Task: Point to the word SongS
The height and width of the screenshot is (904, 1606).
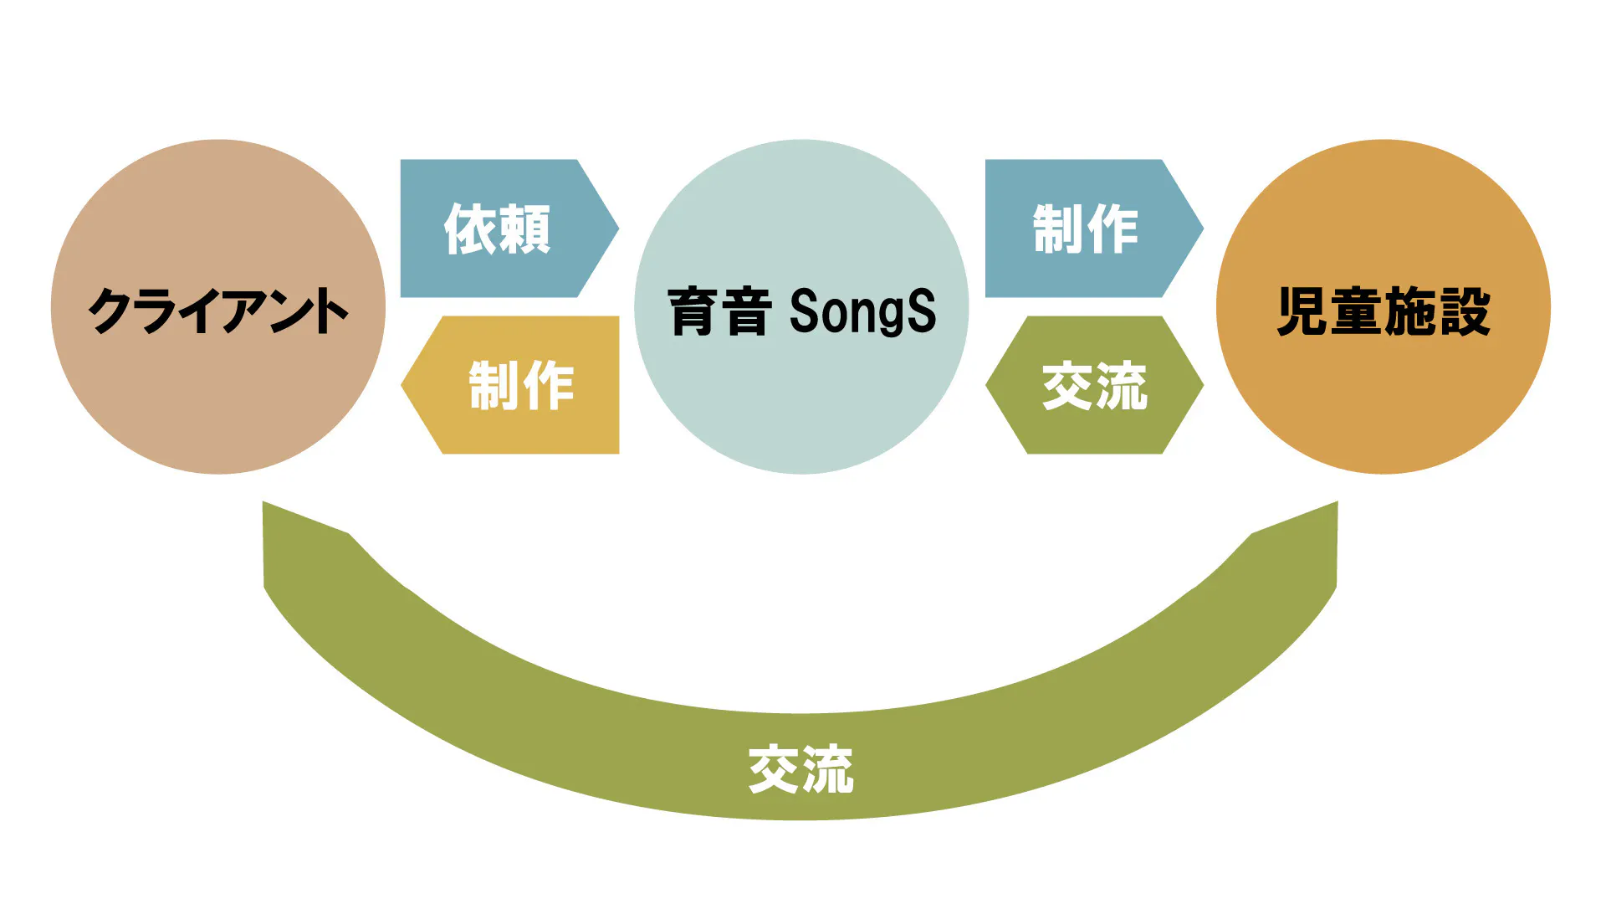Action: tap(862, 311)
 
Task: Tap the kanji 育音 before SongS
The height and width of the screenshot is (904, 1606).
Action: tap(719, 311)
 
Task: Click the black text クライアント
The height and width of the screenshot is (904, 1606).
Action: tap(217, 311)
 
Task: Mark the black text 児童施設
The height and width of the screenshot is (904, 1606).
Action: tap(1384, 311)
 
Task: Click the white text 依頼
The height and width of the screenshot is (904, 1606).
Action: tap(497, 229)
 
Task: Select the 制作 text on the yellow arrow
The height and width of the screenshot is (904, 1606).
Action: tap(521, 386)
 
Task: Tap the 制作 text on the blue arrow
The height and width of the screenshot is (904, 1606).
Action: tap(1085, 229)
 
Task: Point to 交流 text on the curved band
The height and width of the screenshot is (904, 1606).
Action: tap(800, 769)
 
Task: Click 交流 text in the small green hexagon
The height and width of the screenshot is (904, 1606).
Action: tap(1094, 386)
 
